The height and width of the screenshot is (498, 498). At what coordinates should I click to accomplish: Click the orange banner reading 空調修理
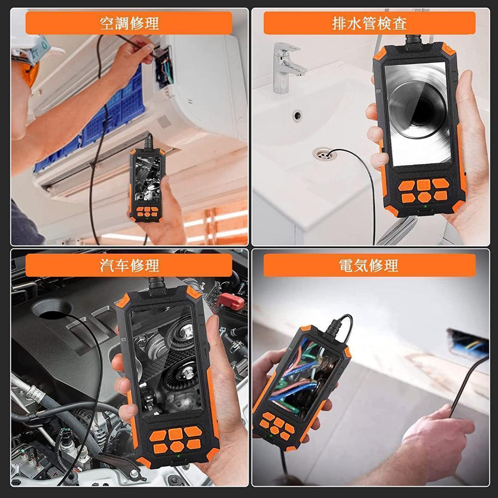(x=129, y=23)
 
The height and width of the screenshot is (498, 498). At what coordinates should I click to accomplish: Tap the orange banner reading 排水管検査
(x=369, y=23)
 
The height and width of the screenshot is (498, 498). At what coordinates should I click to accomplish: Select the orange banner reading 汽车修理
(x=129, y=266)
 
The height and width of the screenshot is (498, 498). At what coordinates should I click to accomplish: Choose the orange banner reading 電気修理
(x=369, y=266)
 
